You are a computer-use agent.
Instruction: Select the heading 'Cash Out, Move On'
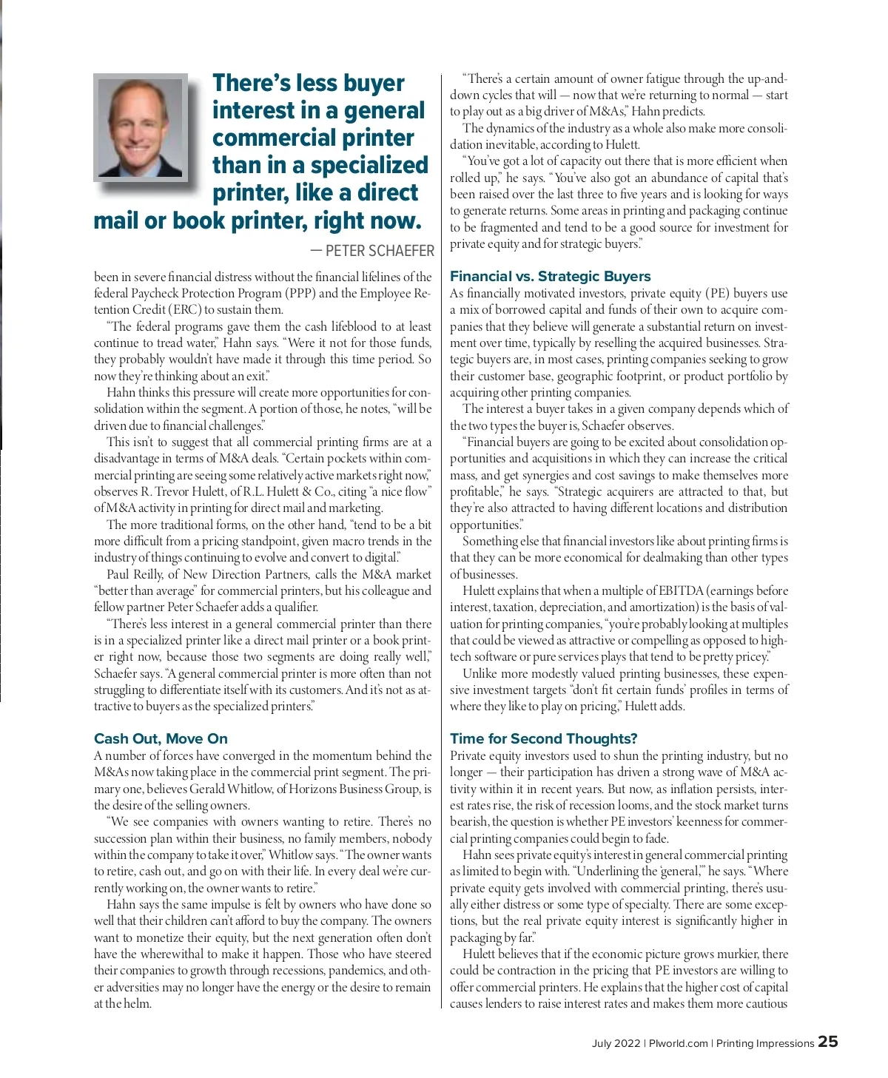(161, 738)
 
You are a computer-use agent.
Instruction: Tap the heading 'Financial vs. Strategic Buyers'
(550, 276)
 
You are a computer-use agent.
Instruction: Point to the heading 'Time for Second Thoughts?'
(543, 738)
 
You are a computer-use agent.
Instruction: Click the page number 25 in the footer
(828, 1042)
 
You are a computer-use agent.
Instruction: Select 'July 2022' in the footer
(616, 1043)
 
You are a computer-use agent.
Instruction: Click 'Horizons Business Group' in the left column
(354, 789)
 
